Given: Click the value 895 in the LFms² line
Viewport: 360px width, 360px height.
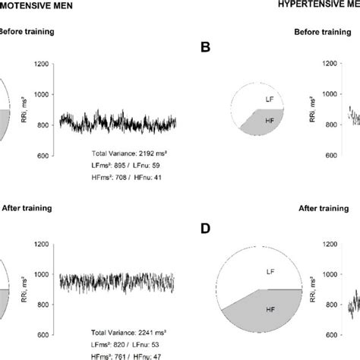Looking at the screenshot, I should pyautogui.click(x=116, y=165).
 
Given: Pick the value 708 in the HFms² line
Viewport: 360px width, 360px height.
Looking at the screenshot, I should pyautogui.click(x=117, y=177).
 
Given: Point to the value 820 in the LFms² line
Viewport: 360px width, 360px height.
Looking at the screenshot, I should pyautogui.click(x=116, y=344).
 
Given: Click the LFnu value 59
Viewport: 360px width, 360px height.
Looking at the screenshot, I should pyautogui.click(x=154, y=165).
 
